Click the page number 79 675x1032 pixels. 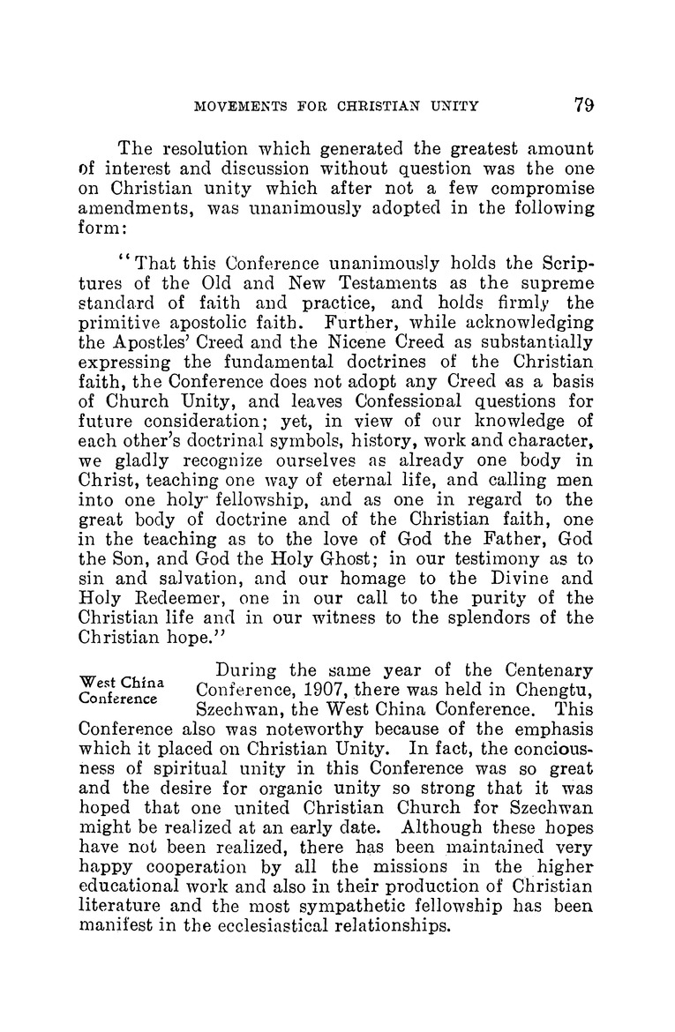[582, 105]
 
